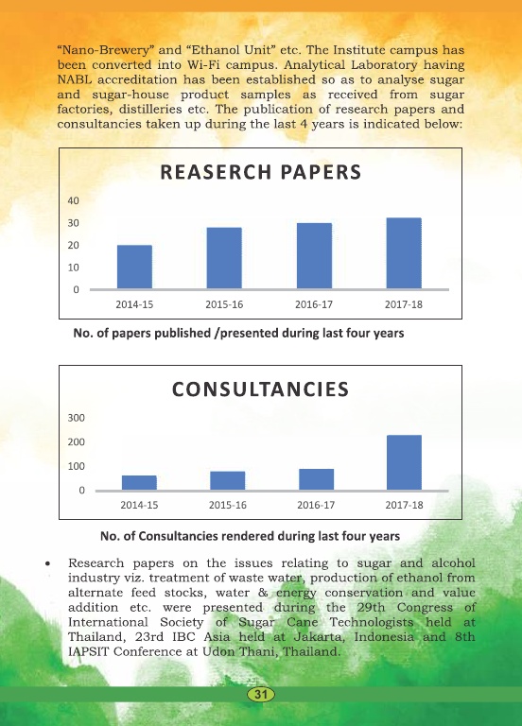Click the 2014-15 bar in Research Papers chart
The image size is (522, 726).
134,267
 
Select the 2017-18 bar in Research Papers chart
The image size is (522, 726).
404,253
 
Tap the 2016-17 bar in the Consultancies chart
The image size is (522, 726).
317,479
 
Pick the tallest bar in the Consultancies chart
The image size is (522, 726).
405,462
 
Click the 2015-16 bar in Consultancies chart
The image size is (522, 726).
227,480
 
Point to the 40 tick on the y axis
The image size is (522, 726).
73,201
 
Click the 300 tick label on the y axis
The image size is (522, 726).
77,418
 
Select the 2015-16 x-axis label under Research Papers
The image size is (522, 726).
224,304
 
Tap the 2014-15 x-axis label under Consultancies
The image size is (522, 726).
139,505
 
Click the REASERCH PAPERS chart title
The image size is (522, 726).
260,172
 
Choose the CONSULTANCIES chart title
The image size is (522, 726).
260,389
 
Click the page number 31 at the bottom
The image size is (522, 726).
261,694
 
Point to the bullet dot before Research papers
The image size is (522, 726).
47,564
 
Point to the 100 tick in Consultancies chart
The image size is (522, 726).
77,466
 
